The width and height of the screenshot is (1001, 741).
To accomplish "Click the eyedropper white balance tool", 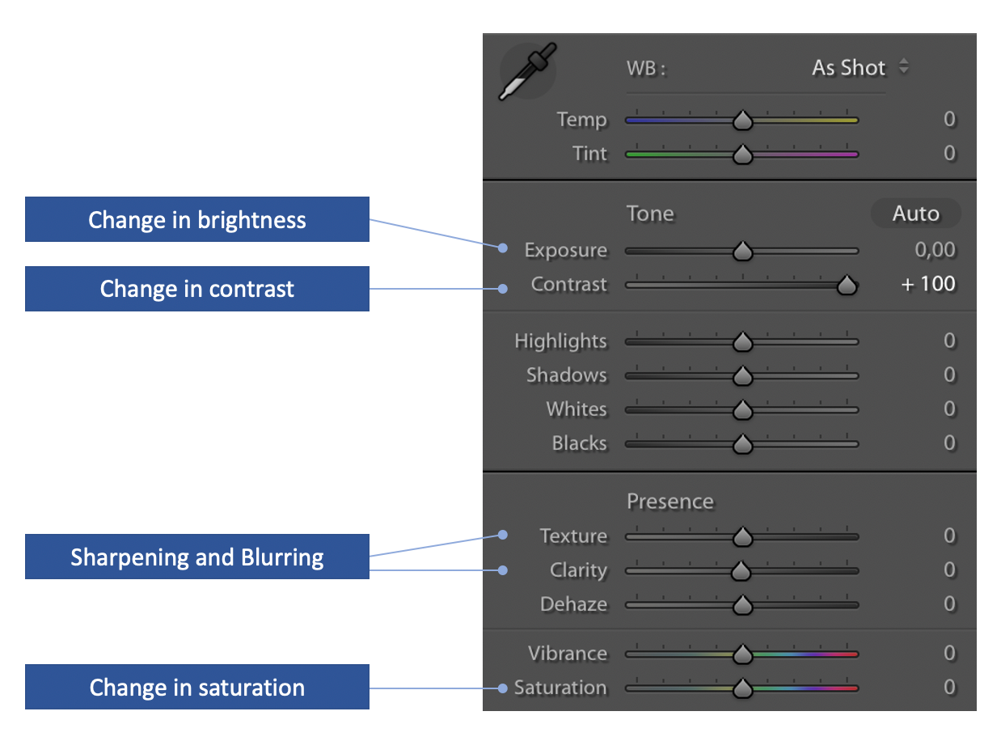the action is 527,71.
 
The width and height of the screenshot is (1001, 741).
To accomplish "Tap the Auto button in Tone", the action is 914,213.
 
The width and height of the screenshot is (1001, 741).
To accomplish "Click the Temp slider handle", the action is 742,120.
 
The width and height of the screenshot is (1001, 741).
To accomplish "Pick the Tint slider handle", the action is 742,155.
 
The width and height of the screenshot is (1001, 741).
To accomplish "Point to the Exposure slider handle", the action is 742,251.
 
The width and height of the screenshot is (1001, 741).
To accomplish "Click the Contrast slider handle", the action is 847,286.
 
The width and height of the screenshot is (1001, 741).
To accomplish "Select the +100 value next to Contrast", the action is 928,284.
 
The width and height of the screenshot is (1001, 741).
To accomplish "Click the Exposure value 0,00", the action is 935,250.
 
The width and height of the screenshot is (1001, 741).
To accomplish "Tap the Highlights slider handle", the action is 742,342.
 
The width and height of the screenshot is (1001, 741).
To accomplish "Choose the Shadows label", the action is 566,375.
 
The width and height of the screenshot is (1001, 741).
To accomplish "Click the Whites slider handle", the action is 742,410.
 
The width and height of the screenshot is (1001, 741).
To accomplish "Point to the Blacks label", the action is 580,443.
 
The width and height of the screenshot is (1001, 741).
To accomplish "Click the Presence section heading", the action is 670,502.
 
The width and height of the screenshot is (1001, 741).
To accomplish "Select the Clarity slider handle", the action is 741,571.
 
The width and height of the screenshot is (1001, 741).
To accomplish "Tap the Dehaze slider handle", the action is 742,606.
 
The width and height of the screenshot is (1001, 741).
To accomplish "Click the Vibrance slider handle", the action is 742,654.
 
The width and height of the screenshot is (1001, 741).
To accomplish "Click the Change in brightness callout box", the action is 197,219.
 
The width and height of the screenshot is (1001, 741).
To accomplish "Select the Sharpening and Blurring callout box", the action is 197,557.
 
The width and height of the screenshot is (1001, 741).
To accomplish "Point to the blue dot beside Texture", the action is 503,535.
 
